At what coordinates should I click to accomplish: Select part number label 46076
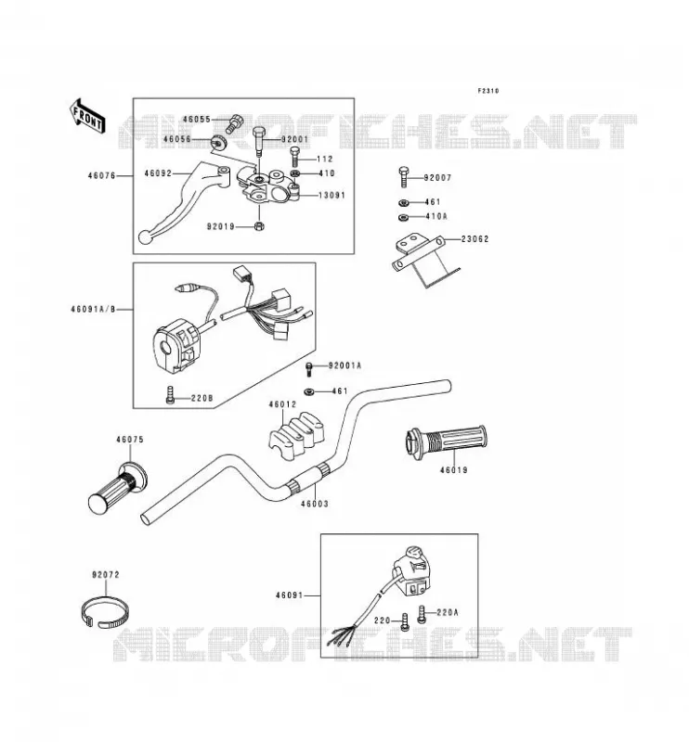tap(102, 176)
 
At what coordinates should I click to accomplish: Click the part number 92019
tap(221, 226)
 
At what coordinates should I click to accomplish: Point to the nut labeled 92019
tap(259, 226)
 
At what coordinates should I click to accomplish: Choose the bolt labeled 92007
tap(404, 178)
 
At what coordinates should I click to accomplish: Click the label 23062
tap(475, 239)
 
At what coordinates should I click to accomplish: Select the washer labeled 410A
tap(404, 217)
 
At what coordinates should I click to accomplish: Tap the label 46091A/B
tap(94, 310)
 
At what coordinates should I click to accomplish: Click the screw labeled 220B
tap(170, 395)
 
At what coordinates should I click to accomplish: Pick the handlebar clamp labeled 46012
tap(296, 436)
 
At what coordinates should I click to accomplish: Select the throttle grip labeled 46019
tap(446, 441)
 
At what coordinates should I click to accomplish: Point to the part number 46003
tap(315, 504)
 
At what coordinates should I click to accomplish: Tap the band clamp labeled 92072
tap(105, 612)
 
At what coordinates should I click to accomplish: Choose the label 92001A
tap(345, 365)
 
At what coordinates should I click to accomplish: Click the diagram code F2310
tap(488, 91)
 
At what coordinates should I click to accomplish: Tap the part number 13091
tap(331, 195)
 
